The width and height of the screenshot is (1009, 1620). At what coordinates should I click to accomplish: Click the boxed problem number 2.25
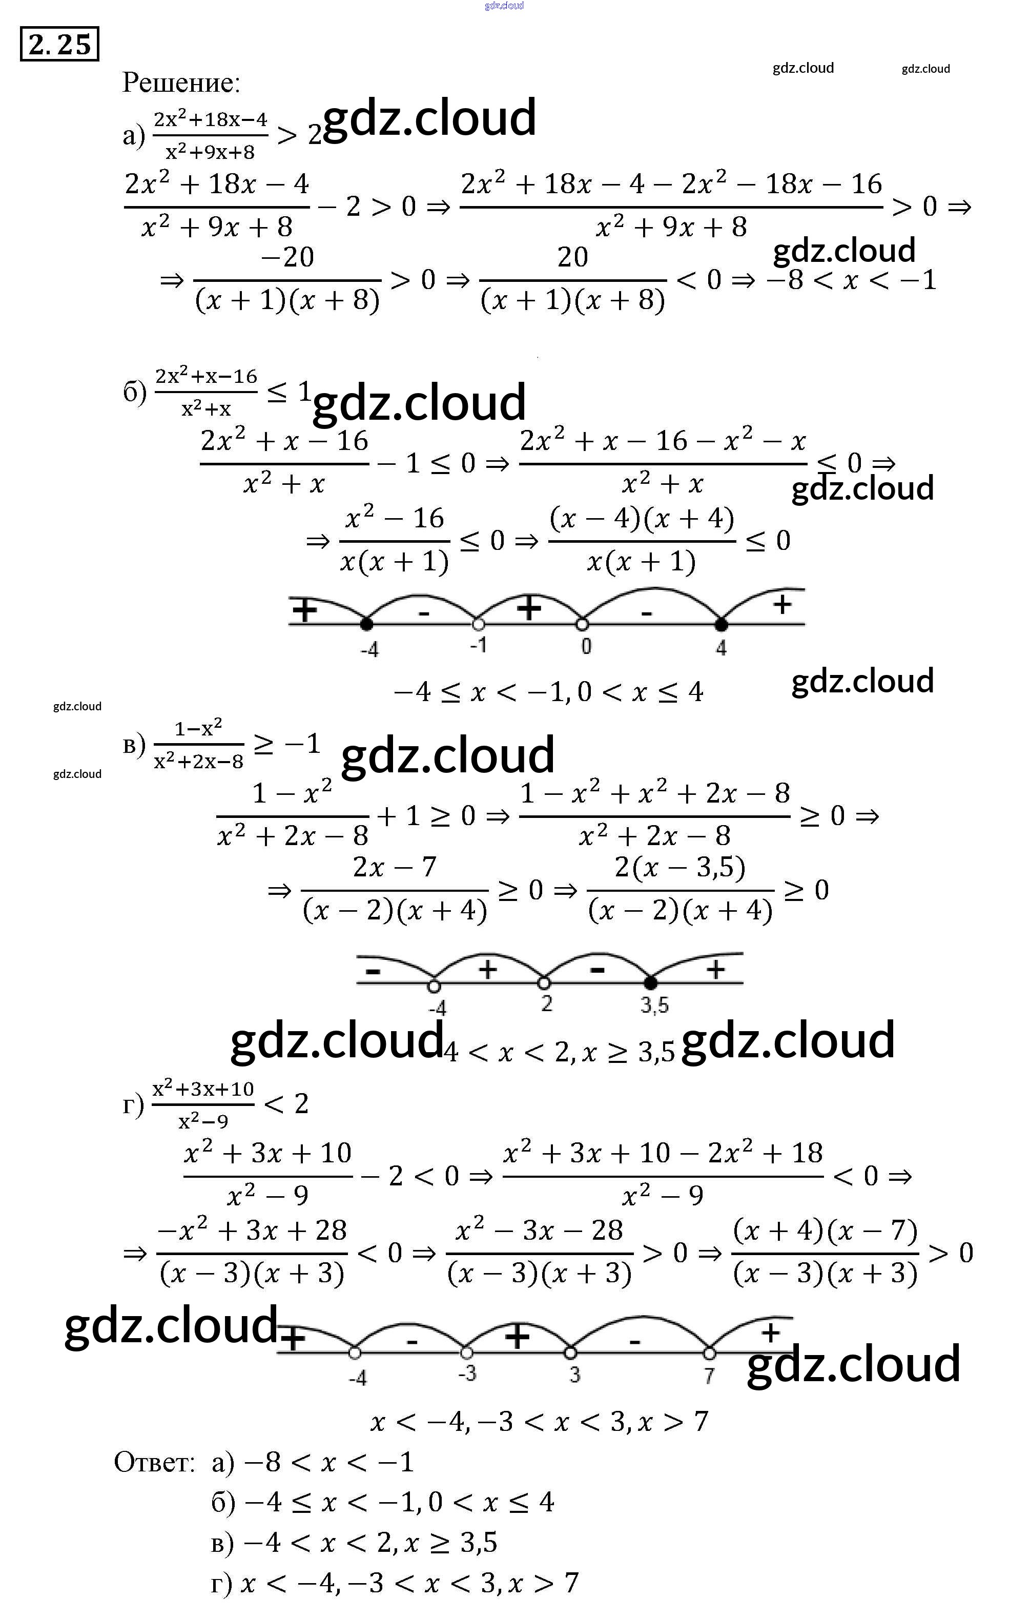click(59, 44)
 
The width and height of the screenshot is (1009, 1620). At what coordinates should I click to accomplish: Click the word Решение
click(180, 83)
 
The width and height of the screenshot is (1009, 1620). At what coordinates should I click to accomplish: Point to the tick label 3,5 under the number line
click(655, 1005)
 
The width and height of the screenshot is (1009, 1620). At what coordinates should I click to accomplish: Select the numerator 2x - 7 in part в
click(395, 867)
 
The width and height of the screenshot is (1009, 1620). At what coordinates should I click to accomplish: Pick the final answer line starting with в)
click(354, 1543)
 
